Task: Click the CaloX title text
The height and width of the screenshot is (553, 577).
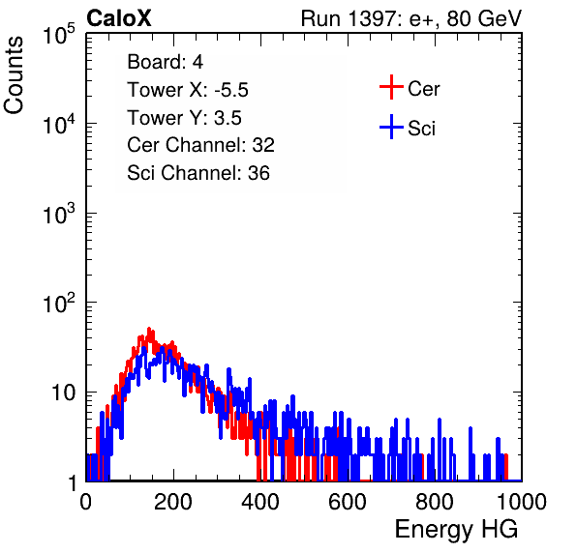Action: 119,18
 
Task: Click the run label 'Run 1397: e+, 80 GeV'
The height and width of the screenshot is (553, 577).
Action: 411,18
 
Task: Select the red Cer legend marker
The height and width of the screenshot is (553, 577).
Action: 391,87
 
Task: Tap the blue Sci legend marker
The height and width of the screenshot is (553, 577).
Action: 391,127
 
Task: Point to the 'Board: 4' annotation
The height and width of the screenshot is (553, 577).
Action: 165,62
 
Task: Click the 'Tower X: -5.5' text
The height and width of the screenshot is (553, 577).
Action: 188,90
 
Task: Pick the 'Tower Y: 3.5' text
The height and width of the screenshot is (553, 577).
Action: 184,118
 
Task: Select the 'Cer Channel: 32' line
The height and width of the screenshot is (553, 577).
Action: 200,145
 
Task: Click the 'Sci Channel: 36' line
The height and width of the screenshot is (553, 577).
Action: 198,173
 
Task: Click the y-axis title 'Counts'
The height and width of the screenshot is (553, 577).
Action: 14,75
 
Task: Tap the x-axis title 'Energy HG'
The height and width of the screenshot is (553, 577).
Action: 456,530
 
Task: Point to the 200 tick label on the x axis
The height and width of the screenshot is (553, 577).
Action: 173,502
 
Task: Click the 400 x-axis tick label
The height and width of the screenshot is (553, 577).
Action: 260,502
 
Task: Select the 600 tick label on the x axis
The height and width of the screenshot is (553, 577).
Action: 348,502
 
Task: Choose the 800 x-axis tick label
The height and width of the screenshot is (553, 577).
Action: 435,502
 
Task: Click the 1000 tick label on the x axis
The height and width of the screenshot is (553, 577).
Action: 522,502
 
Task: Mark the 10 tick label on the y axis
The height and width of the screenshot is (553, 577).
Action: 63,393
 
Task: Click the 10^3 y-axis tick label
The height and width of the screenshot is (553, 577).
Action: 59,213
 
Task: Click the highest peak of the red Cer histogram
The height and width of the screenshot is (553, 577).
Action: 149,329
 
